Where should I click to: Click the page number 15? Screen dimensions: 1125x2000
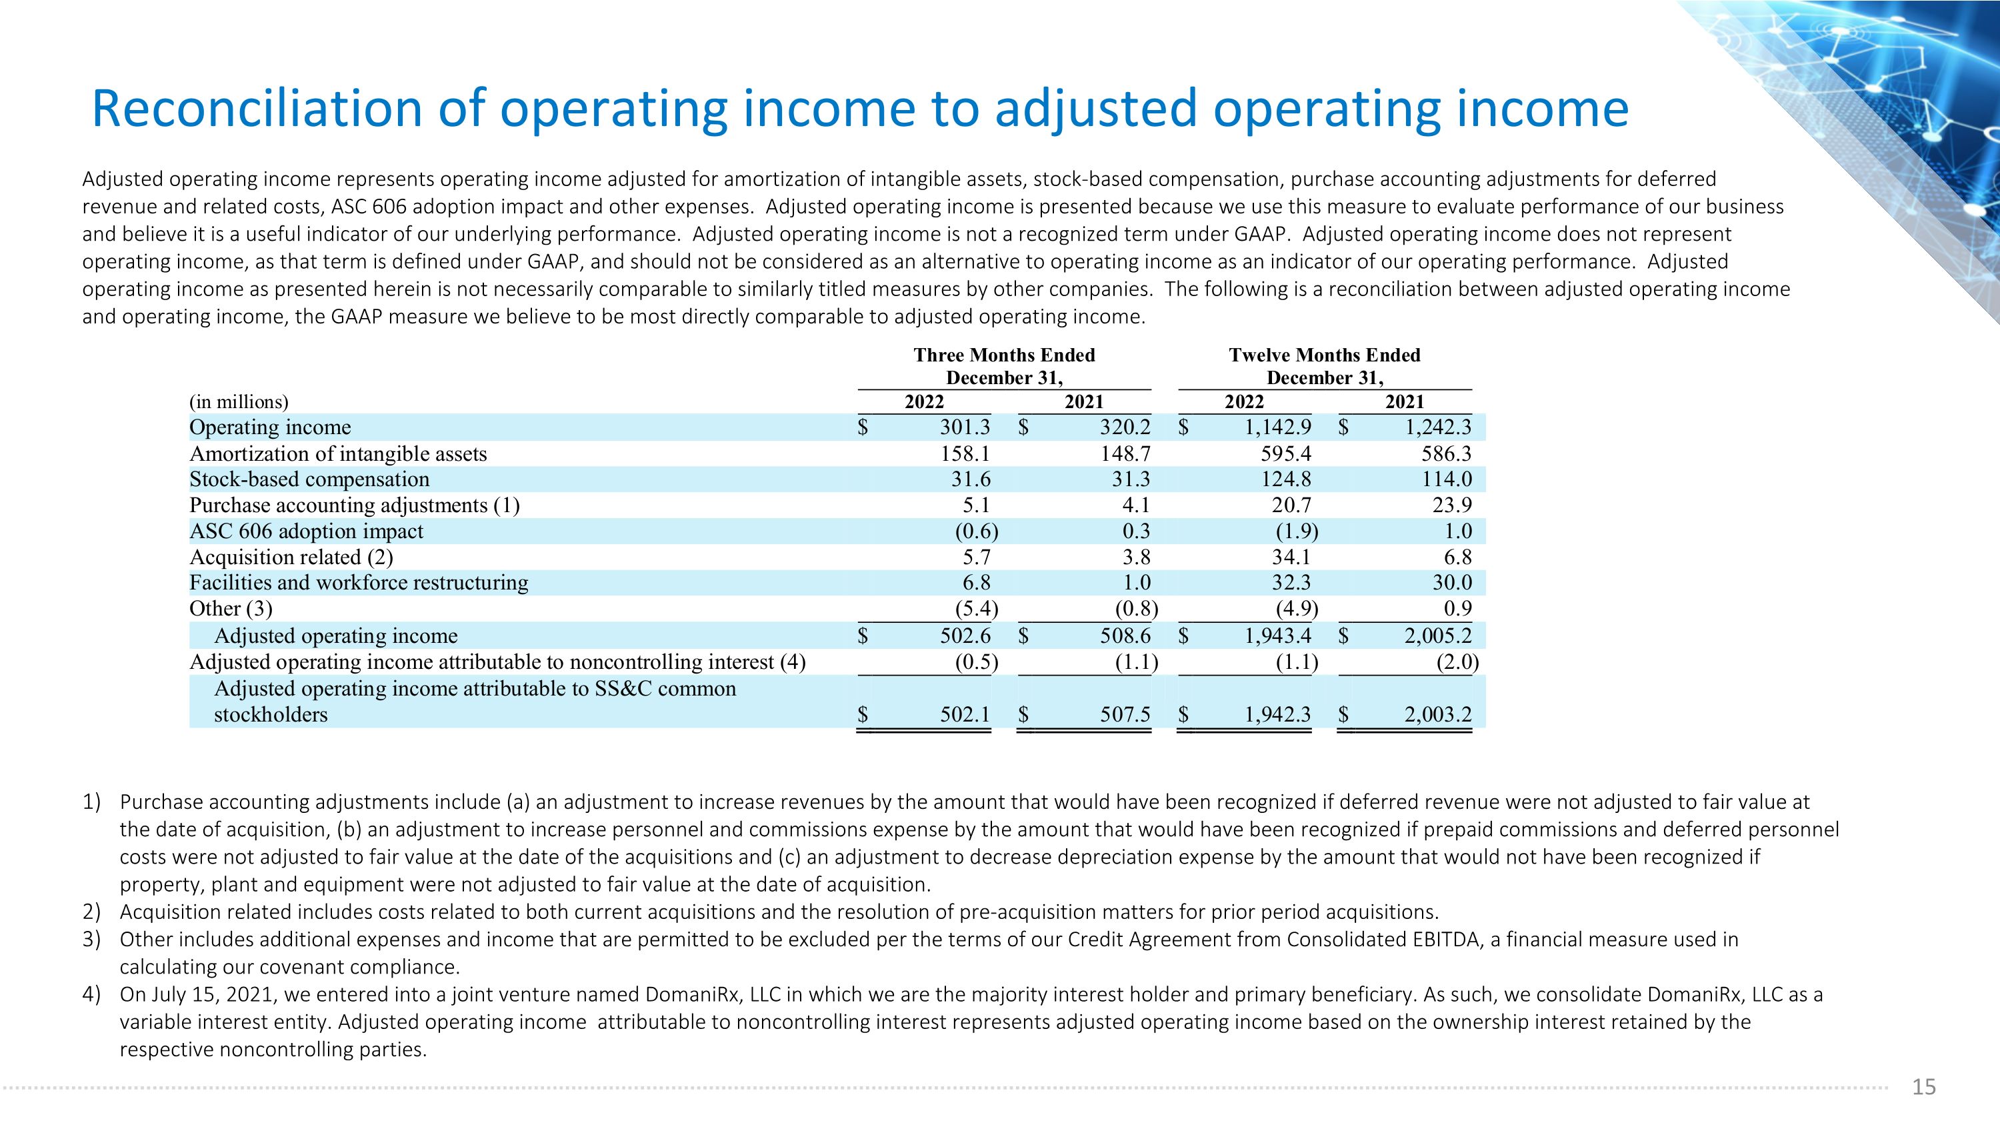(1923, 1087)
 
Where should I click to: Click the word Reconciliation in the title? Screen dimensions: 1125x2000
(256, 109)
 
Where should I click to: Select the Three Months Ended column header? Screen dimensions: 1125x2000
(1004, 355)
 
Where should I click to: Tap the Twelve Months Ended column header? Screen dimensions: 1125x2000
(1325, 355)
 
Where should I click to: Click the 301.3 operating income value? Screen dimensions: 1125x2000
(965, 427)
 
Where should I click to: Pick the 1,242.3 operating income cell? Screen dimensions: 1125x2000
(1438, 427)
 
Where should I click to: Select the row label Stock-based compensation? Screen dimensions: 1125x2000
(309, 479)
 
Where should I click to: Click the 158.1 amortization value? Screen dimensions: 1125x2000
(965, 453)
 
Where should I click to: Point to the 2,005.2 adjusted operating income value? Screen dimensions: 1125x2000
(1438, 636)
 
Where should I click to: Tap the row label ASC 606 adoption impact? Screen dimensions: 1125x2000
(306, 531)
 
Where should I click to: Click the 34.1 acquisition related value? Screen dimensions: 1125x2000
(1291, 557)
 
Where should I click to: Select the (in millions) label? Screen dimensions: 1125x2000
(239, 401)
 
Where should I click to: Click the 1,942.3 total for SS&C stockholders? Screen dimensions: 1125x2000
(1278, 714)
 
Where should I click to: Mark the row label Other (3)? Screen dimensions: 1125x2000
(231, 609)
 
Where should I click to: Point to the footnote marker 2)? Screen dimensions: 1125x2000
(91, 912)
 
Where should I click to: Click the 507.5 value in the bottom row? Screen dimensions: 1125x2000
(1125, 714)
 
